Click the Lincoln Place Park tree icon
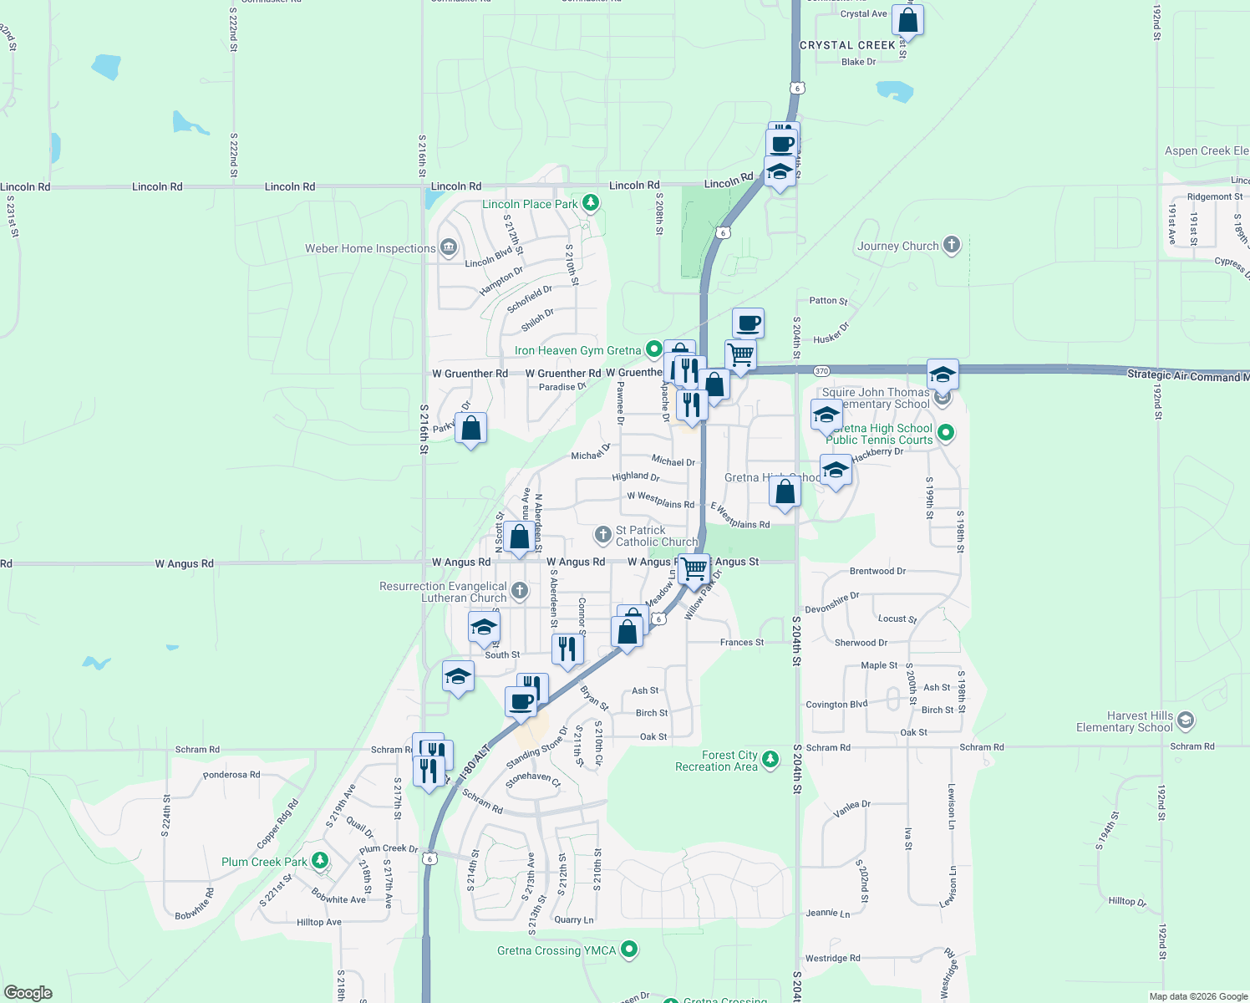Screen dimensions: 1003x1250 (x=591, y=203)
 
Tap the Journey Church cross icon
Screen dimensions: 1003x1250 (x=952, y=245)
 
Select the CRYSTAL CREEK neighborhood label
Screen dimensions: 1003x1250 (x=847, y=45)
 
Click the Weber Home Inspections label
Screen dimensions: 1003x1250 (x=370, y=248)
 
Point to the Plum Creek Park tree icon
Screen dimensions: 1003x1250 (x=319, y=861)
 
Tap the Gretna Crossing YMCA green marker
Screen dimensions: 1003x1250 (x=630, y=950)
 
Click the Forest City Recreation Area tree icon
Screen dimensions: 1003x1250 (x=770, y=760)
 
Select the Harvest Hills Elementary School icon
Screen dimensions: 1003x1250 (x=1186, y=720)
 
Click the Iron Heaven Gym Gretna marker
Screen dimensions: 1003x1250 (x=654, y=350)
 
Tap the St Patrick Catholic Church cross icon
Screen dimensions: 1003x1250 (x=602, y=534)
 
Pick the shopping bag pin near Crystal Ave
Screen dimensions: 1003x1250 (x=907, y=20)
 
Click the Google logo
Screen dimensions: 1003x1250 (x=28, y=992)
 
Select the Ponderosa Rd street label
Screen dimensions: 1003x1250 (x=231, y=775)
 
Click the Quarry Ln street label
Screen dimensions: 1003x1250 (x=574, y=919)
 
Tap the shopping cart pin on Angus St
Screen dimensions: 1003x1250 (x=694, y=569)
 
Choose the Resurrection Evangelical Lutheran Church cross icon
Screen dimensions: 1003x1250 (x=520, y=592)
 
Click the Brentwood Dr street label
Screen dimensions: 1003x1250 (x=877, y=572)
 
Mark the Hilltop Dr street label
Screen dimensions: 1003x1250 (x=1127, y=901)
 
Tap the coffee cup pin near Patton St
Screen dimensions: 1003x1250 (x=749, y=323)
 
